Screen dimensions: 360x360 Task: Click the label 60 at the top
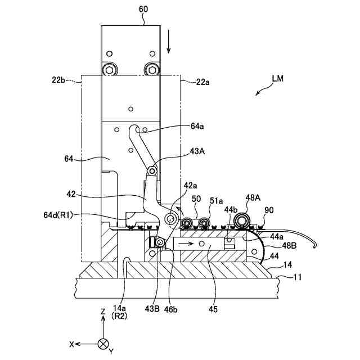(143, 9)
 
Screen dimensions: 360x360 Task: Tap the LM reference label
(277, 79)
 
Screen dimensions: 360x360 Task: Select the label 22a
(203, 82)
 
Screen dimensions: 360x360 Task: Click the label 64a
(197, 127)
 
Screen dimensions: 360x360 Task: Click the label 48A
(253, 198)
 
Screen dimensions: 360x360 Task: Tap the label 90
(269, 210)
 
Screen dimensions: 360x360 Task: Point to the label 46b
(174, 309)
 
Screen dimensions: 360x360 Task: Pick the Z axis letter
(102, 311)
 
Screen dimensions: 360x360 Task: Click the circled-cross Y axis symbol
(102, 343)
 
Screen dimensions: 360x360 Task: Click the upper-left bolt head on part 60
(109, 70)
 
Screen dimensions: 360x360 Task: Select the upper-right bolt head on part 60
(151, 70)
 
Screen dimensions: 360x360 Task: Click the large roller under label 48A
(244, 220)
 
